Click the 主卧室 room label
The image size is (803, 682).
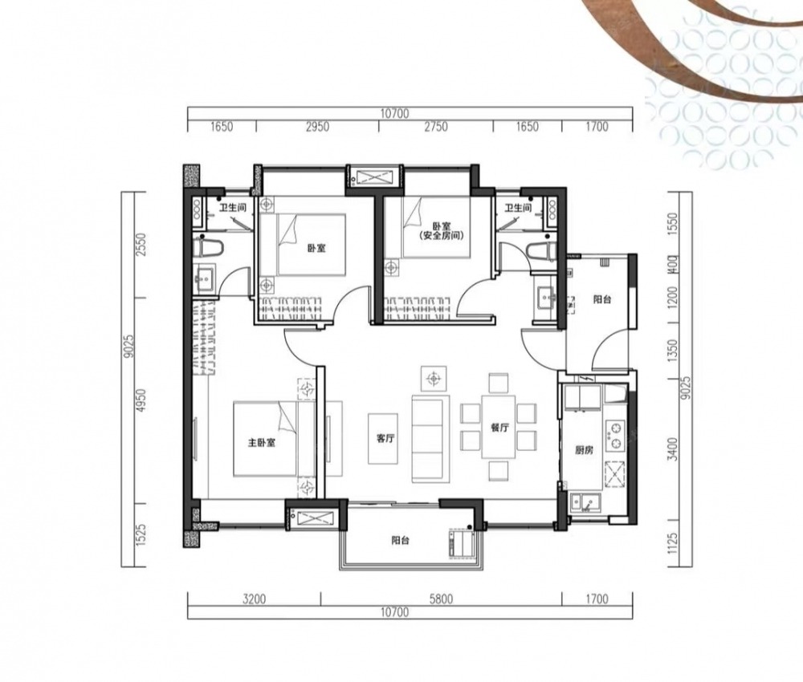[262, 443]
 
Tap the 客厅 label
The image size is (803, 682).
[385, 438]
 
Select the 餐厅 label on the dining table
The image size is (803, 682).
[499, 428]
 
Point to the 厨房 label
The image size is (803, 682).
[584, 450]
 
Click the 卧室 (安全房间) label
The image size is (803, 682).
[436, 231]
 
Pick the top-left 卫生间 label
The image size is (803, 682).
[233, 208]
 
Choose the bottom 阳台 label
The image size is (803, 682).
[400, 540]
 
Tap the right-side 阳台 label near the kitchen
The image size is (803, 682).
[602, 300]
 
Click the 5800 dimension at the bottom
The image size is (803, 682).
[441, 599]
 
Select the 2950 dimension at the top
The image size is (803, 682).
[317, 127]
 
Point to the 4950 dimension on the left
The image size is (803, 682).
[141, 401]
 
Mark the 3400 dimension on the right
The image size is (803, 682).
[674, 449]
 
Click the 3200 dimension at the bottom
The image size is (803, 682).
[254, 599]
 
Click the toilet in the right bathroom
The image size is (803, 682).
[540, 250]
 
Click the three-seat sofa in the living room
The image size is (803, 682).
[430, 438]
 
